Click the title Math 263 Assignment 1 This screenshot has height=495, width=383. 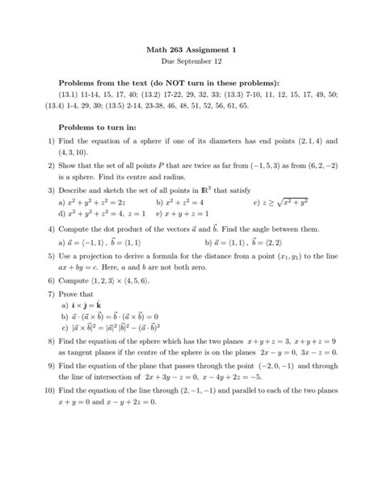tap(191, 50)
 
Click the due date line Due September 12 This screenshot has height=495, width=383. tap(191, 62)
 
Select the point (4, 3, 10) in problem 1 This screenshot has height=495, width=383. tap(76, 151)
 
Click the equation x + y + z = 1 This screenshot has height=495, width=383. tap(187, 215)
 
